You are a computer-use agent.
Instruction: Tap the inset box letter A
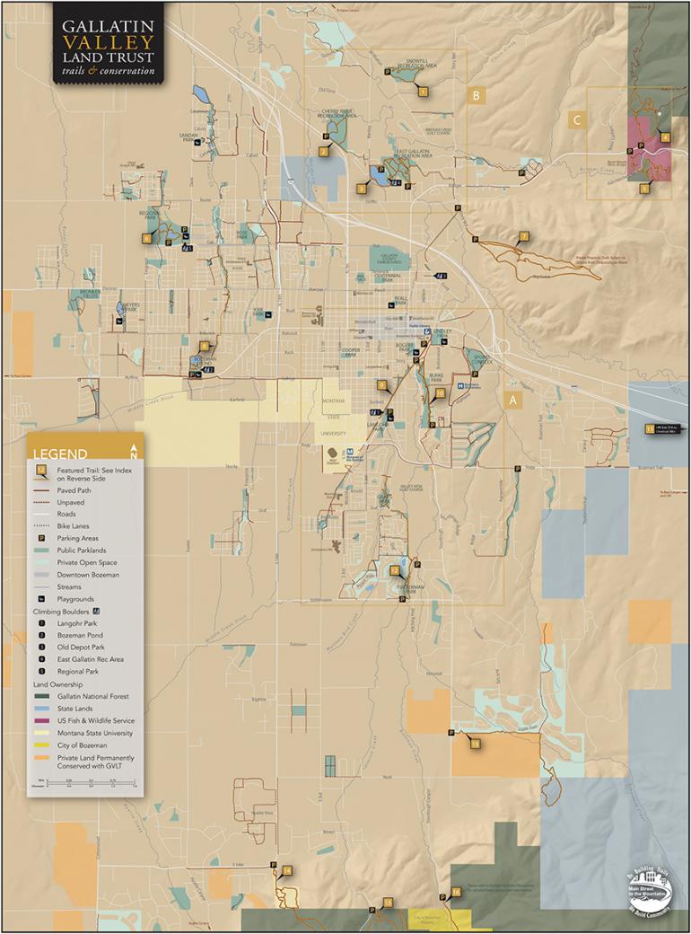point(513,401)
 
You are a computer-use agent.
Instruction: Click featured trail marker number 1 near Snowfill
point(423,91)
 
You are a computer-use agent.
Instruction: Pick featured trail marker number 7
point(523,236)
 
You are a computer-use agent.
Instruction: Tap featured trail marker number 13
point(475,744)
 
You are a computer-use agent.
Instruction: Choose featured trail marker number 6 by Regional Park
point(146,239)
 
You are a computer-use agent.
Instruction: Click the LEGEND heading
point(60,454)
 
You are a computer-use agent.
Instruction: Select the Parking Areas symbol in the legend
point(39,537)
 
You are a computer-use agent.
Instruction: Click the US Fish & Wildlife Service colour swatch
point(41,720)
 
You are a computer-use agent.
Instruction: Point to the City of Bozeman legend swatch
point(41,745)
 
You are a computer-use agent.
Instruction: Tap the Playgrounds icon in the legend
point(39,599)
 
